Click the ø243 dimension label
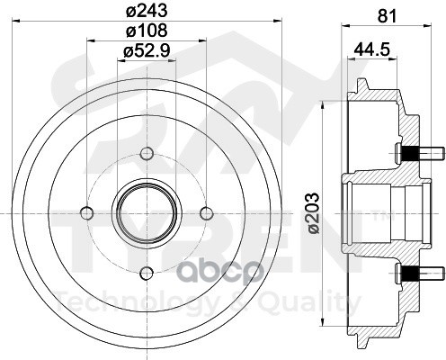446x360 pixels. click(x=147, y=12)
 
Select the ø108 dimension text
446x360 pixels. click(x=147, y=33)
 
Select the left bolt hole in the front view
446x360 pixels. click(x=87, y=212)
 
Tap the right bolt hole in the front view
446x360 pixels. click(x=207, y=212)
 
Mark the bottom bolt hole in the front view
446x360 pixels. click(x=147, y=273)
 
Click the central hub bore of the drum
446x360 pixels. click(x=147, y=212)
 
